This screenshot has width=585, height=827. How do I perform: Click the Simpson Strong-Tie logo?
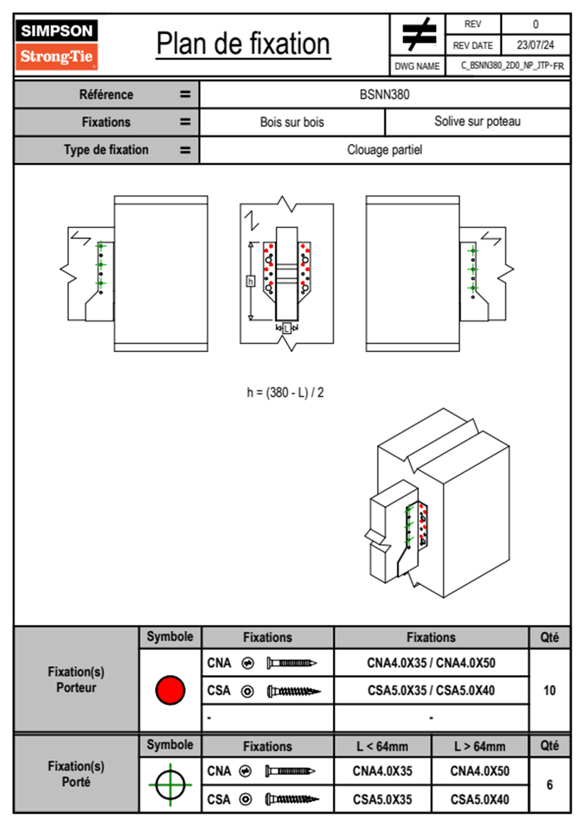point(57,44)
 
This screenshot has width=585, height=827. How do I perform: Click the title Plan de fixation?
point(243,44)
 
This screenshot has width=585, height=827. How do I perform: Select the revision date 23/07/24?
point(535,45)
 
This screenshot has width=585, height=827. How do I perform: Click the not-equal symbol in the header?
point(418,34)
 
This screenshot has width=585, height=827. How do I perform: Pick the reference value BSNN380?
point(384,94)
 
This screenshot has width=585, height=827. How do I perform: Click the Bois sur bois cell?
point(292,122)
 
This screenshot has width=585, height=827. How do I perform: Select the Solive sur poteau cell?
point(477,121)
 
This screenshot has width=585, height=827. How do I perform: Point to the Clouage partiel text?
point(384,149)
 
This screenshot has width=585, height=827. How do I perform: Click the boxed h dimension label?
point(250,281)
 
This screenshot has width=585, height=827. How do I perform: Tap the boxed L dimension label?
point(287,328)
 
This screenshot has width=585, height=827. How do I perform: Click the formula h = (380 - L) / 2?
point(285,392)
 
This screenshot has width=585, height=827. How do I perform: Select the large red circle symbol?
point(170,690)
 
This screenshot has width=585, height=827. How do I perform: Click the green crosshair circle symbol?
point(170,785)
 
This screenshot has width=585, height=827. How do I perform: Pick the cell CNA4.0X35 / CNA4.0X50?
point(431,663)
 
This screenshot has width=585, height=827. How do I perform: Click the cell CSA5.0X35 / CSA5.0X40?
point(431,690)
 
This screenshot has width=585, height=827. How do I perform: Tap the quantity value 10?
point(549,690)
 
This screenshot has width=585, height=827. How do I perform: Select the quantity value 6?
point(549,785)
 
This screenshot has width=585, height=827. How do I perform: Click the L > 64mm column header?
point(480,746)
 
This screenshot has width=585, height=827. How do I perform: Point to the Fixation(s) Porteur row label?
point(76,679)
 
